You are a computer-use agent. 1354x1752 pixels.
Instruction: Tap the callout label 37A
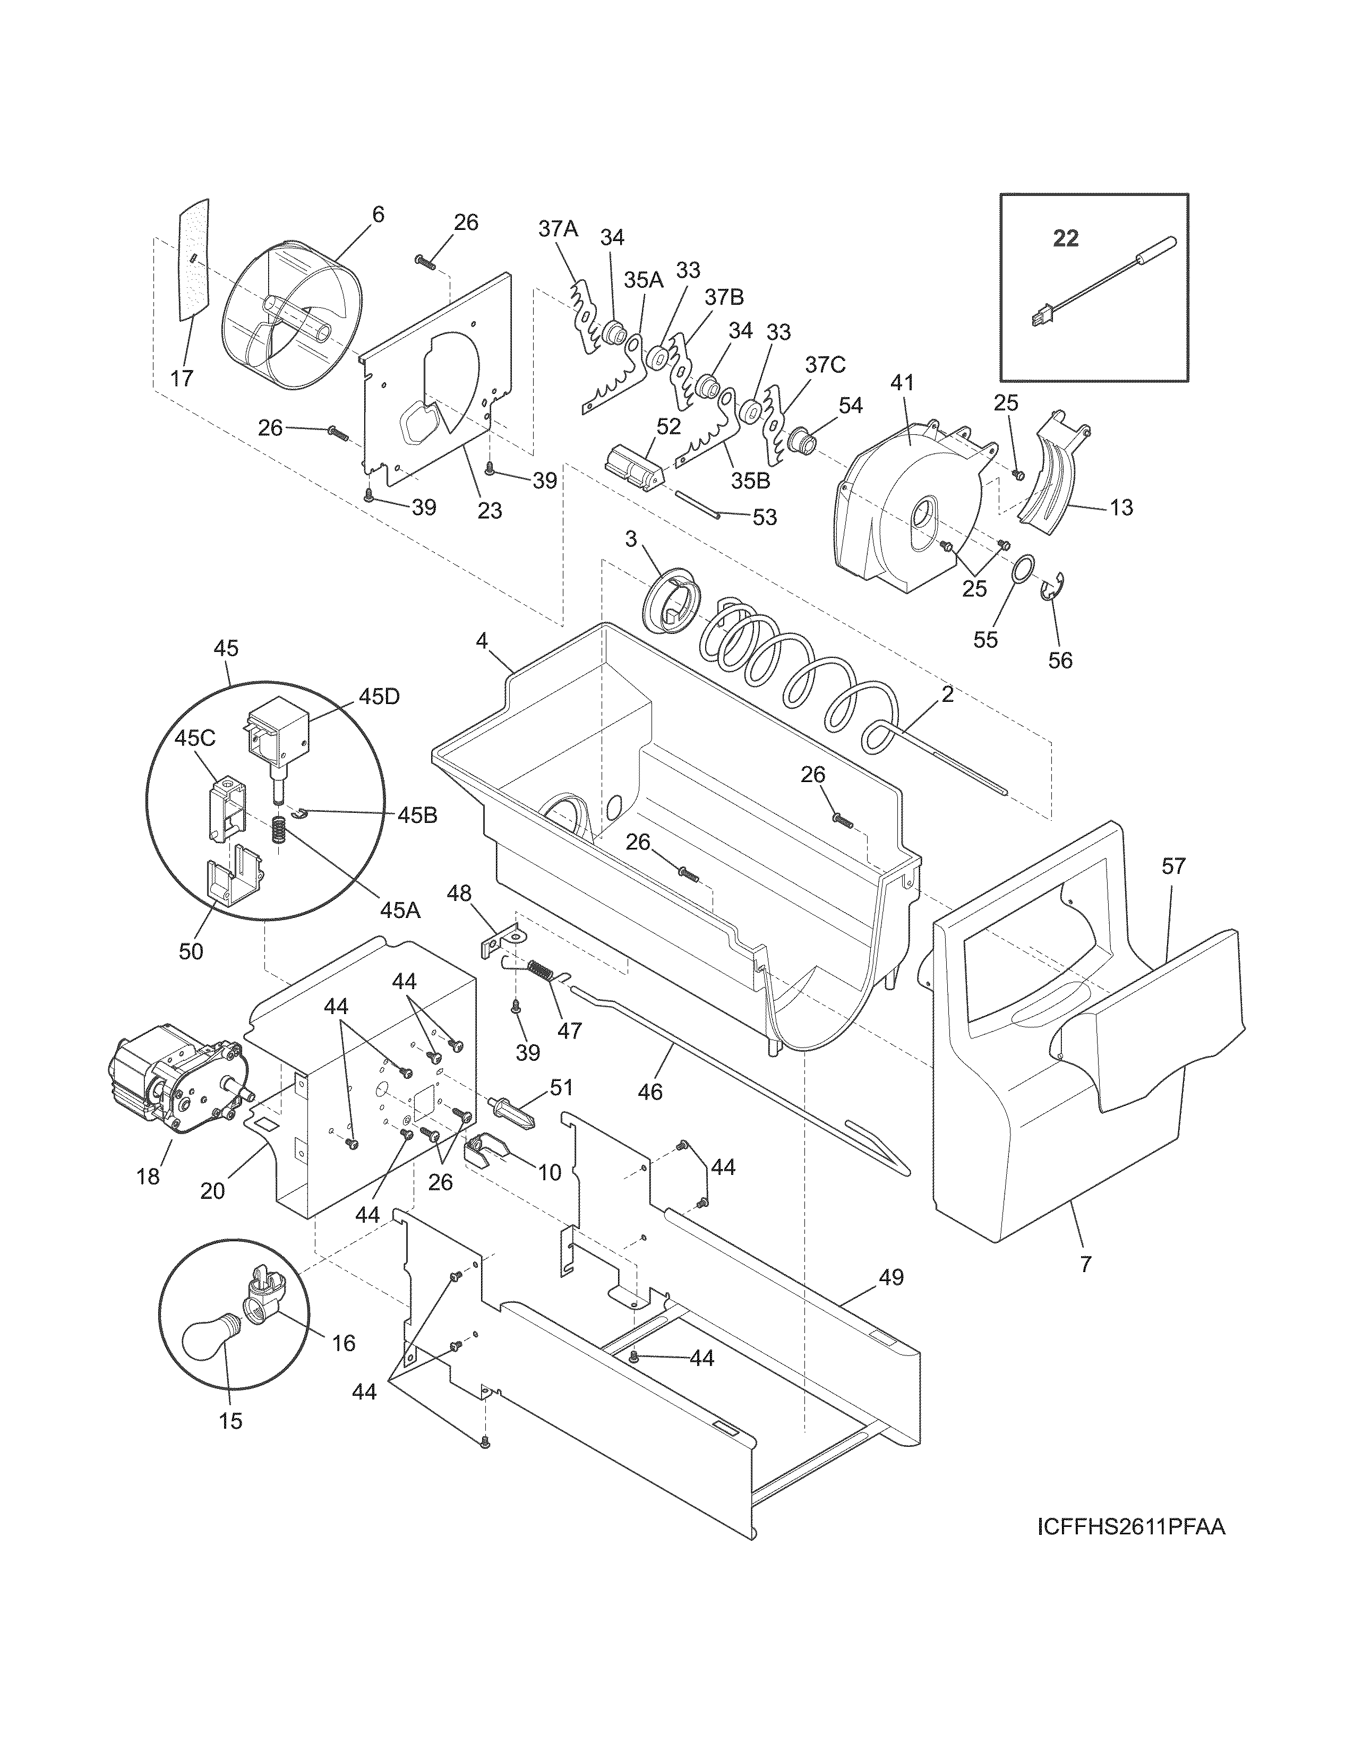[x=558, y=229]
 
